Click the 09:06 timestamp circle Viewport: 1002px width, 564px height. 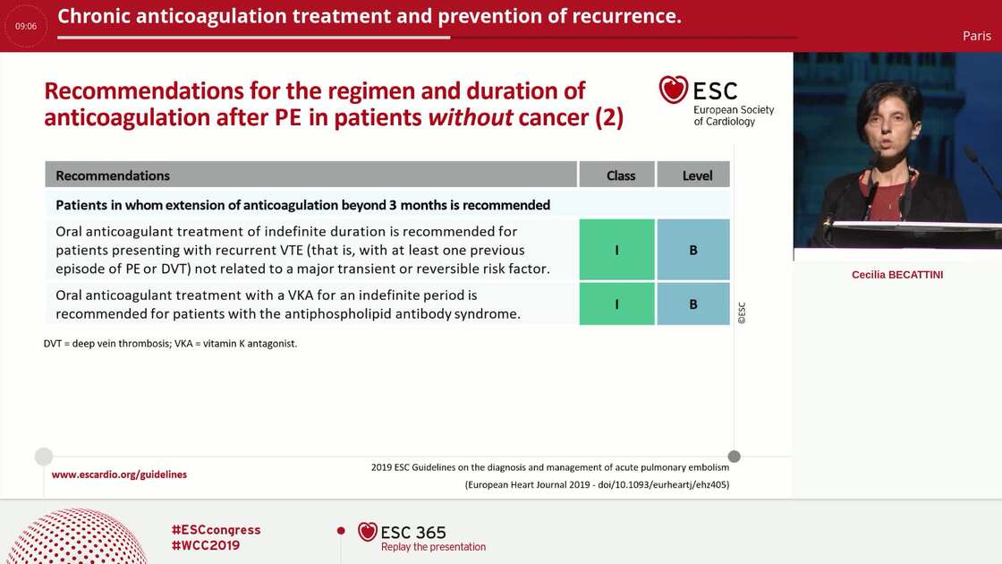click(x=26, y=26)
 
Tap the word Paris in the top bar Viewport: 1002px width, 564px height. click(x=976, y=36)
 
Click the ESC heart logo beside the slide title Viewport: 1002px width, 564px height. click(x=674, y=90)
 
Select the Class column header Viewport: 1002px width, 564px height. click(x=620, y=175)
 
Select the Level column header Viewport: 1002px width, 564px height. click(x=697, y=175)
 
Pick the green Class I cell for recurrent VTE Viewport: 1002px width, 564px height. click(x=616, y=251)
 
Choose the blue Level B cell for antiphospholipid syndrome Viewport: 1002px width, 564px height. click(x=693, y=304)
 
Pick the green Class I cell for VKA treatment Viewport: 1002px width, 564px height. click(x=616, y=304)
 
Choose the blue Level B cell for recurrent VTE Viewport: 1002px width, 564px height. click(x=693, y=251)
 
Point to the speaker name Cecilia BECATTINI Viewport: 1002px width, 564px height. click(x=896, y=275)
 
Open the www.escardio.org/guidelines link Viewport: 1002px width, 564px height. click(x=119, y=474)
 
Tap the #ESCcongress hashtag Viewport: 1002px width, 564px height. click(x=216, y=530)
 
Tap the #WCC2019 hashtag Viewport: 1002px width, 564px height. click(x=205, y=545)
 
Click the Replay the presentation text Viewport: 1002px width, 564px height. click(x=433, y=547)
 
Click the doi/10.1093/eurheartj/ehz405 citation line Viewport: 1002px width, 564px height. click(x=597, y=484)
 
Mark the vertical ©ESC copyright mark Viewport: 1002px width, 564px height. click(x=741, y=312)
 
